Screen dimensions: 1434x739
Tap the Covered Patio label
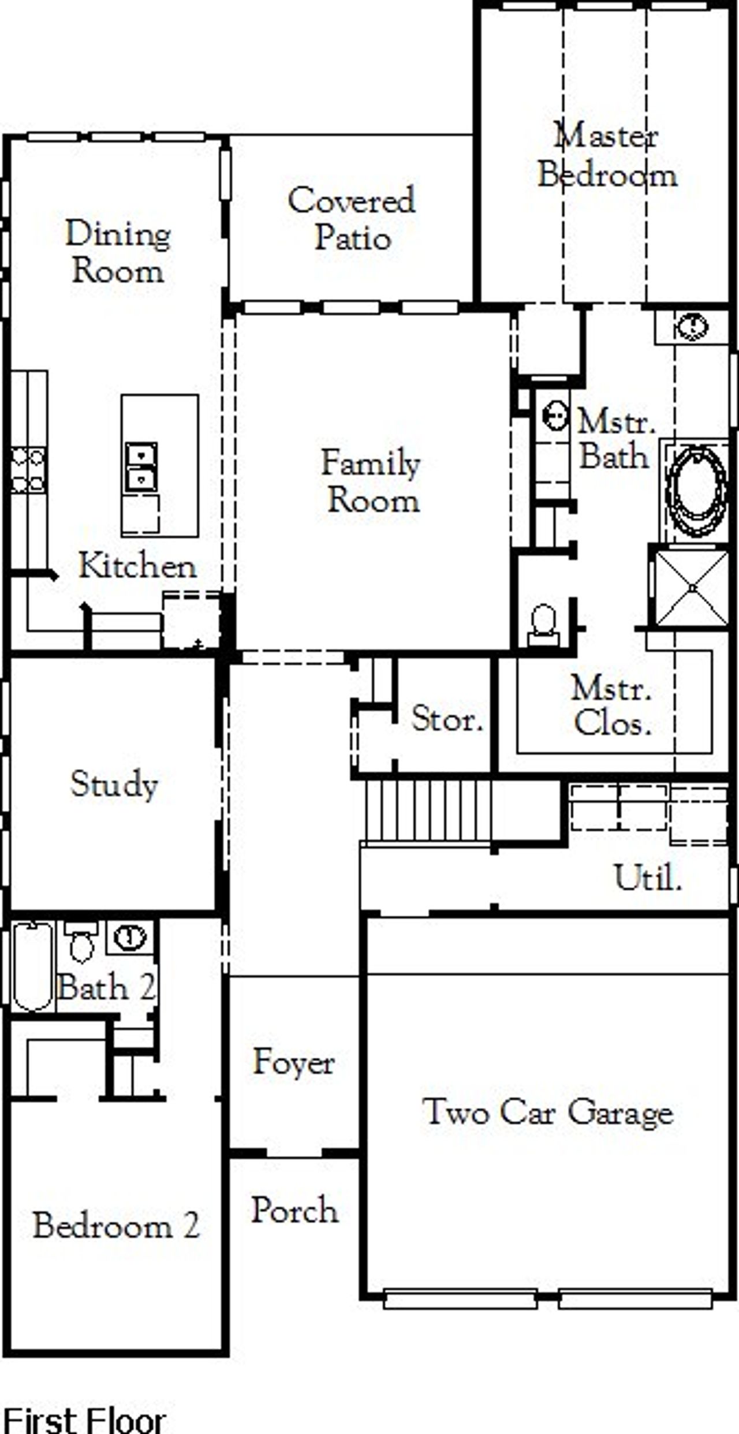click(x=352, y=219)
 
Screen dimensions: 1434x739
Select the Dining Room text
click(x=118, y=252)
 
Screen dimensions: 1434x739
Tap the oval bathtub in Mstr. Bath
click(x=696, y=491)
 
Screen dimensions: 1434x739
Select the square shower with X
click(x=692, y=588)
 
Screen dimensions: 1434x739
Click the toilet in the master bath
click(x=543, y=624)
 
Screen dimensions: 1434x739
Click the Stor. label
click(x=446, y=719)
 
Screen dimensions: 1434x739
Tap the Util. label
click(x=647, y=878)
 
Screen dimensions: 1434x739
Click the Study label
click(x=114, y=785)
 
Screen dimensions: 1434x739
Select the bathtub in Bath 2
click(x=33, y=966)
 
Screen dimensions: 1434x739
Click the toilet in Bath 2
click(x=81, y=941)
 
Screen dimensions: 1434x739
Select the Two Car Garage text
click(x=547, y=1111)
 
